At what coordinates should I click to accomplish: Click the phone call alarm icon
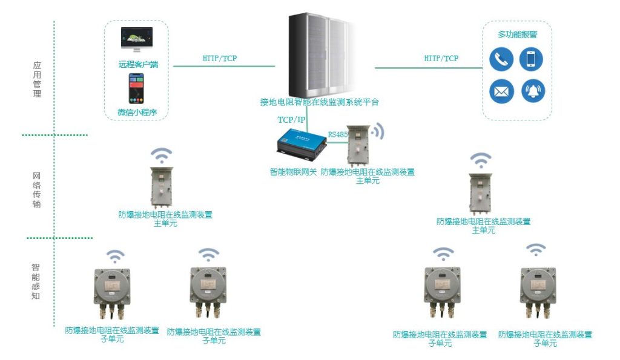coord(501,59)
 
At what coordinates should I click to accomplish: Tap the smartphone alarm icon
coord(531,59)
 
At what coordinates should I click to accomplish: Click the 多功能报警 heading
coord(517,34)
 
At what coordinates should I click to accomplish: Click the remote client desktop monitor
coord(136,40)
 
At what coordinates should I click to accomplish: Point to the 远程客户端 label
coord(139,64)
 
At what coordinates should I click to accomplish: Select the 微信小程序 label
coord(137,112)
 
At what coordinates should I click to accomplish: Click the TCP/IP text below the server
coord(292,120)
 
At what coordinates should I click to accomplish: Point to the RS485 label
coord(338,134)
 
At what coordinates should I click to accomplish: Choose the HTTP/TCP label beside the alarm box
coord(441,58)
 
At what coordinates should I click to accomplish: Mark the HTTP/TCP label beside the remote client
coord(220,59)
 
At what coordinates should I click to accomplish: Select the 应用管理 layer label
coord(37,79)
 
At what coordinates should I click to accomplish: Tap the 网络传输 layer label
coord(37,190)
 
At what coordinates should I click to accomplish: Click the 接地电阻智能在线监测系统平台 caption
coord(319,102)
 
